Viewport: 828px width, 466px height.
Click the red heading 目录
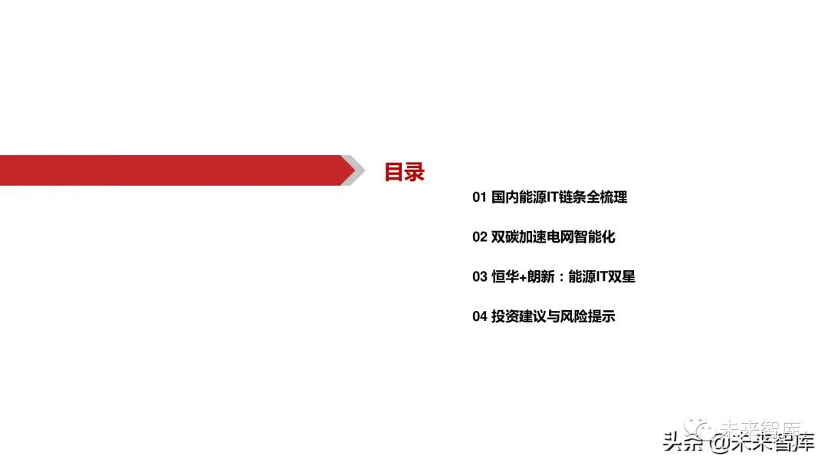[404, 172]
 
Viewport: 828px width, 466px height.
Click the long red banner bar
[169, 170]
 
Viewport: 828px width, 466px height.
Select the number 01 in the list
[479, 197]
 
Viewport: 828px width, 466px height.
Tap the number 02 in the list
[479, 237]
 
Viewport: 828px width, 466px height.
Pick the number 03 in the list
[479, 277]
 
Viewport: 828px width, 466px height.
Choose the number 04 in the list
[479, 316]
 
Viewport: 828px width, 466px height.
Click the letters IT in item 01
[553, 197]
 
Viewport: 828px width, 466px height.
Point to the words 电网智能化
[584, 237]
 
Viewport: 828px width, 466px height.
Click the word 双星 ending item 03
[622, 277]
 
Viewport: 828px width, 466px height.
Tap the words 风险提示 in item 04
[590, 316]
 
